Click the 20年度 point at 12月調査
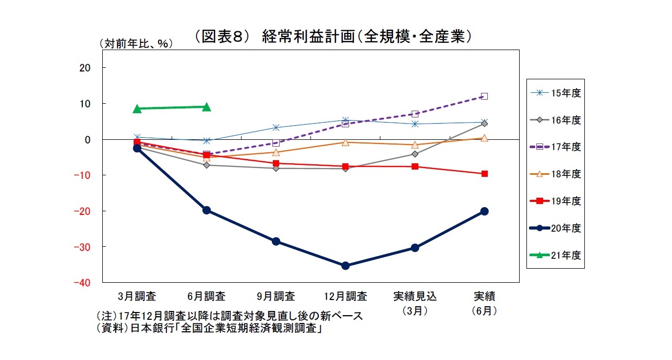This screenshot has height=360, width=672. [345, 266]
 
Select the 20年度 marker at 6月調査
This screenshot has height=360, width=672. [207, 210]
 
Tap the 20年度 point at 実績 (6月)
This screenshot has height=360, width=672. [484, 211]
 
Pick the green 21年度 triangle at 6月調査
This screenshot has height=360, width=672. [207, 107]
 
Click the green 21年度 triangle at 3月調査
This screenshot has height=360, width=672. [137, 109]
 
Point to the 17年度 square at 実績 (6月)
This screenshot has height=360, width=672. [484, 96]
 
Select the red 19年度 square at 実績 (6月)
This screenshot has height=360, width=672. [484, 174]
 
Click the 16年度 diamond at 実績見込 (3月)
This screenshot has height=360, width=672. [415, 154]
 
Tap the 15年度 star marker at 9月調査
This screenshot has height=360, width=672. [276, 127]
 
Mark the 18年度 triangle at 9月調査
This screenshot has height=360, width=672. [276, 152]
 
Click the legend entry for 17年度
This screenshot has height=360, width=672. [556, 147]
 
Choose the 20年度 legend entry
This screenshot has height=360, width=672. [556, 228]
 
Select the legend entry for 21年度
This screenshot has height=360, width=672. [556, 255]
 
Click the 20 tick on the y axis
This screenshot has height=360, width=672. [86, 68]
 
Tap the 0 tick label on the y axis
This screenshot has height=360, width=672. [88, 139]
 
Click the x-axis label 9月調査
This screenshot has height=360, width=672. [276, 297]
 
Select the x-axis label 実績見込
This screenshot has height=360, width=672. [415, 297]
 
